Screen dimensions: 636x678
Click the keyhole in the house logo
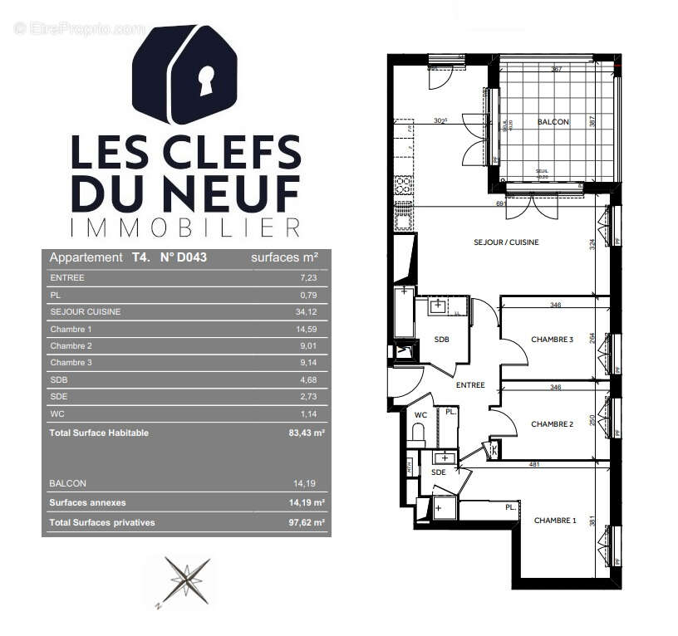(x=204, y=81)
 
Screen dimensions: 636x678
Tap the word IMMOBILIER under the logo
(x=185, y=227)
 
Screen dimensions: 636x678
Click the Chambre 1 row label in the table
(x=71, y=329)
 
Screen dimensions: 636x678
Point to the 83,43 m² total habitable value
(x=301, y=433)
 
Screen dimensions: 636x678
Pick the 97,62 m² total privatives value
(x=301, y=522)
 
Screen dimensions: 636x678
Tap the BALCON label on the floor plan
(x=553, y=122)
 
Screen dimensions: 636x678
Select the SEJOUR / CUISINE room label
(x=506, y=242)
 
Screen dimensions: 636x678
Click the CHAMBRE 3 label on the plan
(x=552, y=339)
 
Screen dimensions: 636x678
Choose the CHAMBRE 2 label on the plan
(x=552, y=424)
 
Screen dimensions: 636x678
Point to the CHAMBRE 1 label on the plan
(x=554, y=521)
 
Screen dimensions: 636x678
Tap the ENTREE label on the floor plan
(x=470, y=385)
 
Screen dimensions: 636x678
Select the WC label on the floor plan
(x=420, y=414)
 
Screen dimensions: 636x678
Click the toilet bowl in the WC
(x=418, y=433)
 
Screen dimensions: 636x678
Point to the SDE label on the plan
(x=438, y=472)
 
